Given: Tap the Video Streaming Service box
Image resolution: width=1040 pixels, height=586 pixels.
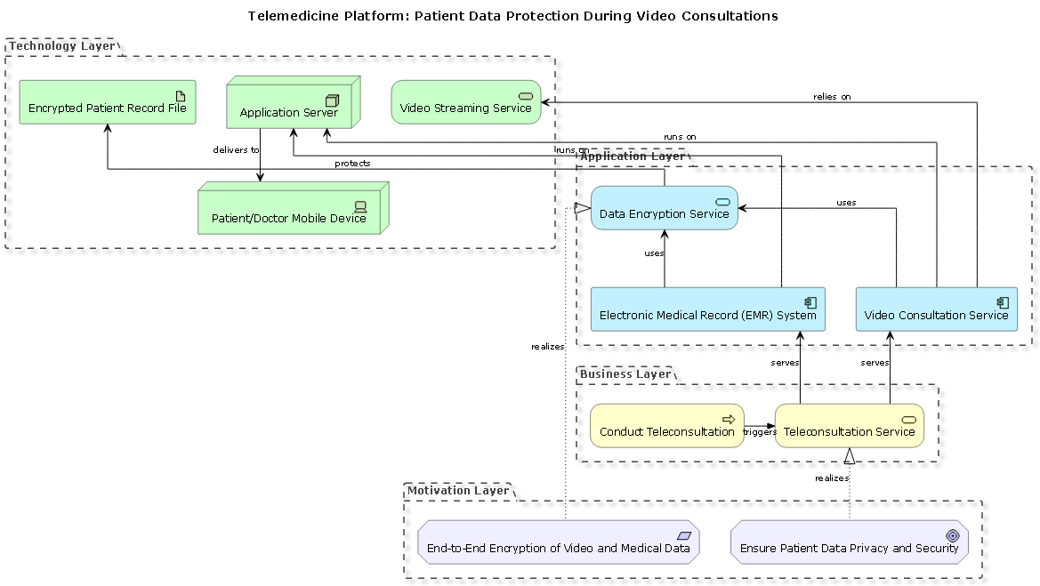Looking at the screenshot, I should [x=465, y=102].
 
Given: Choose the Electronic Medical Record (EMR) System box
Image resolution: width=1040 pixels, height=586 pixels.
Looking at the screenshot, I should [x=707, y=309].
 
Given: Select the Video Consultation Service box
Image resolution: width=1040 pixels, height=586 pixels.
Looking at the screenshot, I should [x=936, y=309].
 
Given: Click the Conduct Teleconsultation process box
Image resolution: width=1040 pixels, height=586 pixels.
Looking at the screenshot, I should [x=666, y=426].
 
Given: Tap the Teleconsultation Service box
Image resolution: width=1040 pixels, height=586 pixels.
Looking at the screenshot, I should [x=849, y=426].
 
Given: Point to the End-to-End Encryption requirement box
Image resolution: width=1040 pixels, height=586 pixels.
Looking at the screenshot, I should [x=558, y=542].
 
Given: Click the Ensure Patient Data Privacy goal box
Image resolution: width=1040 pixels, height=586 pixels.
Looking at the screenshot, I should [x=849, y=542].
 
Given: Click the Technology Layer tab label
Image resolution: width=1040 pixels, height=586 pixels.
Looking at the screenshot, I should [x=61, y=46].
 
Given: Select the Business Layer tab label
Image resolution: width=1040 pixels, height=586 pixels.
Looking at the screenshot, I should [x=625, y=374].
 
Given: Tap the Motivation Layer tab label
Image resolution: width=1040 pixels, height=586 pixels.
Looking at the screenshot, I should [x=458, y=491].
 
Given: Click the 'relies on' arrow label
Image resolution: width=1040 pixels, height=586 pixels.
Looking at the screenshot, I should [x=832, y=97].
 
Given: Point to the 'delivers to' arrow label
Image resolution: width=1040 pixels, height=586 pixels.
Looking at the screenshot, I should [x=236, y=150].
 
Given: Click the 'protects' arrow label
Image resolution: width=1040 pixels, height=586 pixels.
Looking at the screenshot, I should [x=352, y=164].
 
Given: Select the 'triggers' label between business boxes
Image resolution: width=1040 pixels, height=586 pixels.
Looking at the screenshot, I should [x=760, y=432].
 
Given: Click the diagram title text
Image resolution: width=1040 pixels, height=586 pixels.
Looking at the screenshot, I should [x=512, y=16].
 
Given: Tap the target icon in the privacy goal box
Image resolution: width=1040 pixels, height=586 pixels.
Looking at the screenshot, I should [x=952, y=535].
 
